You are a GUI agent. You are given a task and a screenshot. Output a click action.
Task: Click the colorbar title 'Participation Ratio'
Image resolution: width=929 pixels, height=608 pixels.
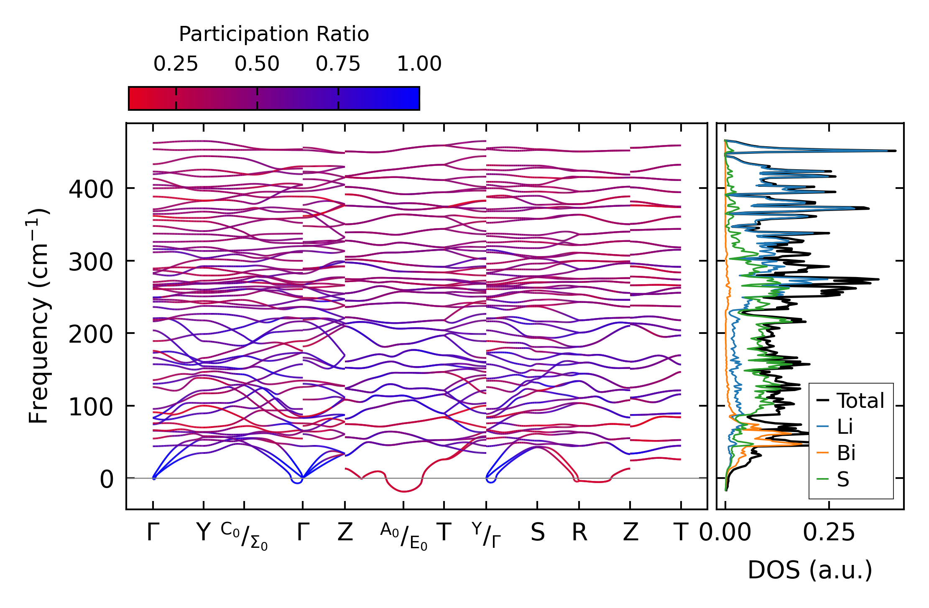(274, 34)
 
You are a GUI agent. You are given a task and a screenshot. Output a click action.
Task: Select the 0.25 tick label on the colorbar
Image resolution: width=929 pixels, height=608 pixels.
(176, 64)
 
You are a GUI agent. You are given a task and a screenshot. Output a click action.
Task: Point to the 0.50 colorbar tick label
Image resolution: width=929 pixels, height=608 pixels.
(257, 64)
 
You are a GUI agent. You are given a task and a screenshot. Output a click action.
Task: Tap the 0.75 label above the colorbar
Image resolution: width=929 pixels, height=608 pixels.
(338, 64)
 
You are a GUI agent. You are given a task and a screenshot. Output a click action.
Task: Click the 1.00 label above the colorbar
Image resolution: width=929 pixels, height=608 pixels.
(419, 64)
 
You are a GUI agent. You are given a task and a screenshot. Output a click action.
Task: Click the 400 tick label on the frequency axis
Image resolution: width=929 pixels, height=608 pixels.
(91, 189)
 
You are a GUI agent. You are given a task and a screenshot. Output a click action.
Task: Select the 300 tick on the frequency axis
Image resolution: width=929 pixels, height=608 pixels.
(91, 262)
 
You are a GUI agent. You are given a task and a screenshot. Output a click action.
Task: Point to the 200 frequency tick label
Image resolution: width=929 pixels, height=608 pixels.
(91, 334)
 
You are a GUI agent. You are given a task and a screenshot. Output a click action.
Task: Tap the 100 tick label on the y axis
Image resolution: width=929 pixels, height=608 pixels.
(91, 407)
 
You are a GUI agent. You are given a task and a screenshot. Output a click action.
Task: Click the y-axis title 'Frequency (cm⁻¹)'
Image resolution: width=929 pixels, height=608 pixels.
(38, 316)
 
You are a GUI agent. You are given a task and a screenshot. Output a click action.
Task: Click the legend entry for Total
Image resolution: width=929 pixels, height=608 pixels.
(860, 401)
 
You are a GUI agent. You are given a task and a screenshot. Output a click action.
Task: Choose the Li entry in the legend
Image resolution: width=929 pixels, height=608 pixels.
(845, 427)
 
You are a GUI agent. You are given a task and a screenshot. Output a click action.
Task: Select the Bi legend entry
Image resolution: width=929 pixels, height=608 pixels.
(846, 453)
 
